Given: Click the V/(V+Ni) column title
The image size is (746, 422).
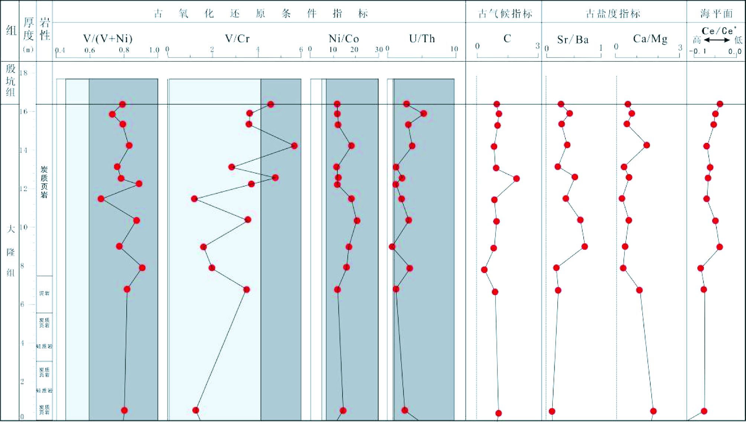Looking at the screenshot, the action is tap(108, 39).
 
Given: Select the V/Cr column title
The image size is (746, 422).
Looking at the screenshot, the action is tap(237, 39).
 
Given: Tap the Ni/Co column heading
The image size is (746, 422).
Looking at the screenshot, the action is tap(344, 39).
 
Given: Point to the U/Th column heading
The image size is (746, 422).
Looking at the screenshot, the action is tap(422, 39).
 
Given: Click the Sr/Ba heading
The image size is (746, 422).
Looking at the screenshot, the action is tap(573, 39).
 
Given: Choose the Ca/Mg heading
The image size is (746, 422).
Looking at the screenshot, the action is tap(650, 39).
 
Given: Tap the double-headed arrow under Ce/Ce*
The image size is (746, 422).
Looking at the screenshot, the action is tap(717, 40).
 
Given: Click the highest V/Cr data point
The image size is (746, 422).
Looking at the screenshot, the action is tap(294, 146).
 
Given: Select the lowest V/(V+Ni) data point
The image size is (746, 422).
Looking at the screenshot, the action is tap(101, 199).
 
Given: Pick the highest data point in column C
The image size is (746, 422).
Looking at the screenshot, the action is tap(516, 178).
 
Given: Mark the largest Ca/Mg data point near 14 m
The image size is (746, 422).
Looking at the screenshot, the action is tap(646, 145).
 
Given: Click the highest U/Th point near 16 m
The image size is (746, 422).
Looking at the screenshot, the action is tap(423, 113).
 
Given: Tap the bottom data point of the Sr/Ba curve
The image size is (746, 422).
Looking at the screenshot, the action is tap(552, 411).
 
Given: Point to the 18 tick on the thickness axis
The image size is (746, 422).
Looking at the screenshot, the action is tap(23, 73).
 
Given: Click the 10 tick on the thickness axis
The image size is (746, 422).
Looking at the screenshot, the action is tap(23, 227).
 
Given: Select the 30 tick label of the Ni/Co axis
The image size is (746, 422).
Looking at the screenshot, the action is tap(379, 49).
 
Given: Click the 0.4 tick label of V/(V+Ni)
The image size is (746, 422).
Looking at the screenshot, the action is tap(60, 50).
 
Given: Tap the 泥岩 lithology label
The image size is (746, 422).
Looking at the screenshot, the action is tap(44, 293).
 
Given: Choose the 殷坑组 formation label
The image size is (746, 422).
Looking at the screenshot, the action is tap(10, 80).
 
